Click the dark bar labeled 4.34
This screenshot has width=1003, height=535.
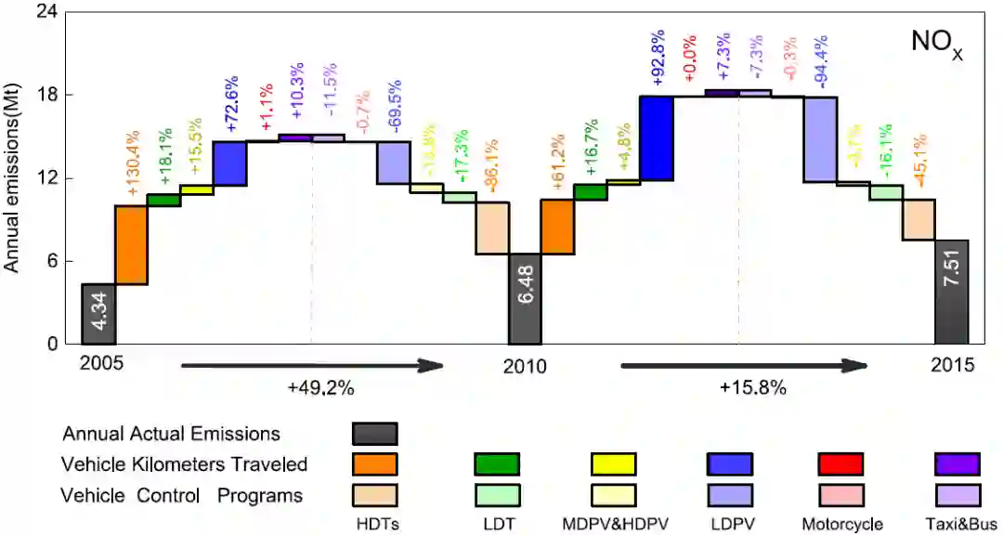[x=98, y=314]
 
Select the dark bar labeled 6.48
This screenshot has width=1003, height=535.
[x=524, y=299]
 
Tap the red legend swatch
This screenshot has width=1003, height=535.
[x=840, y=463]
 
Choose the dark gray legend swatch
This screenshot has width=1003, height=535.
[x=375, y=434]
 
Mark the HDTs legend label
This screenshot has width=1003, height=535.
[x=376, y=525]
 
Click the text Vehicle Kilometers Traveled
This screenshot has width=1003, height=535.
[x=184, y=464]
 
